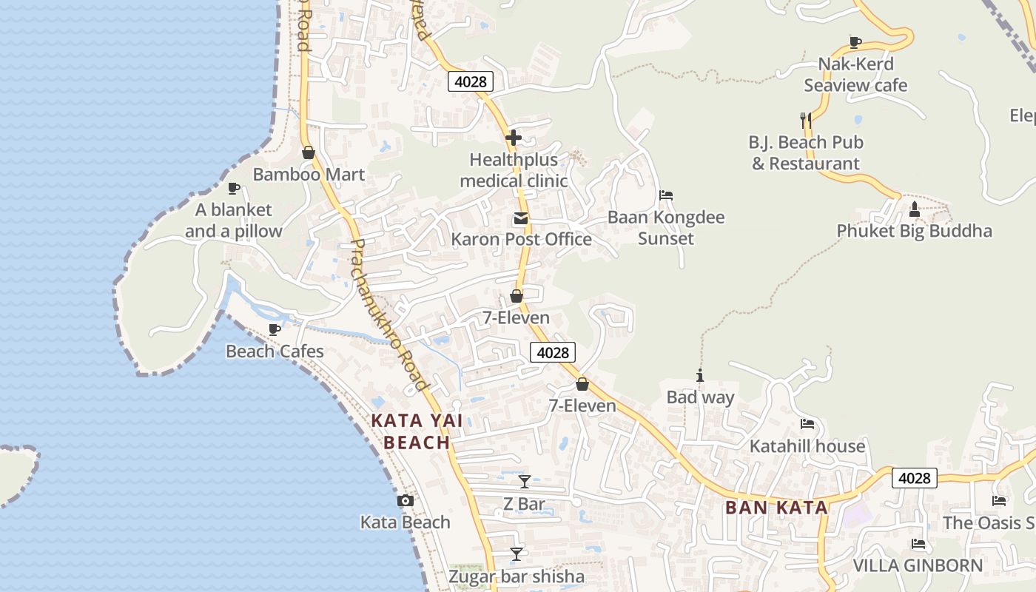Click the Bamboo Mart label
(x=309, y=175)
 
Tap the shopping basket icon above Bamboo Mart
(x=309, y=152)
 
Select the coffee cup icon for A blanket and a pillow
(x=234, y=188)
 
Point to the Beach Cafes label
(x=275, y=351)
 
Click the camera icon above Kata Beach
(x=405, y=501)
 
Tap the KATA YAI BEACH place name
(x=417, y=431)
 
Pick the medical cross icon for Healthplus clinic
(x=514, y=138)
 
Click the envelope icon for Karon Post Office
(x=521, y=218)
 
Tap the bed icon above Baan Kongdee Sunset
(x=666, y=195)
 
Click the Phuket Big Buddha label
(x=914, y=231)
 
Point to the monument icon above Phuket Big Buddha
(x=914, y=209)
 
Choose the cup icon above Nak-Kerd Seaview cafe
(x=855, y=42)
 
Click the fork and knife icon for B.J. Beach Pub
(x=806, y=119)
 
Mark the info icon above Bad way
(x=700, y=376)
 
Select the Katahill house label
(x=807, y=446)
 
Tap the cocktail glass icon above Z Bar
(x=525, y=482)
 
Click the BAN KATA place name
(x=776, y=508)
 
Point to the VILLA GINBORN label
(x=918, y=566)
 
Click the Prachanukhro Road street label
(x=388, y=314)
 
